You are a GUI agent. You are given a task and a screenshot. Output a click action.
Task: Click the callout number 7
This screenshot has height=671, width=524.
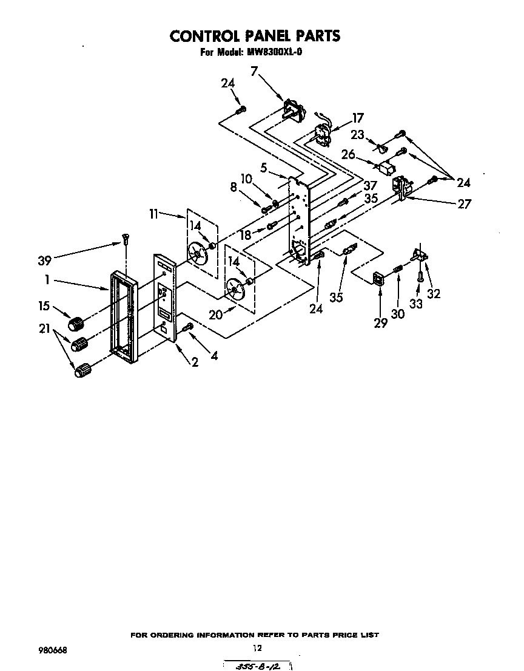(254, 71)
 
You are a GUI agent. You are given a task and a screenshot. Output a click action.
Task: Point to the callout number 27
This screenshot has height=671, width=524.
(464, 204)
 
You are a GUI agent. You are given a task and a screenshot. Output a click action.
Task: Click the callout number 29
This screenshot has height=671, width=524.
(380, 323)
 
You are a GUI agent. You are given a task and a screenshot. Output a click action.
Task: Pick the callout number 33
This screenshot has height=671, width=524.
(416, 304)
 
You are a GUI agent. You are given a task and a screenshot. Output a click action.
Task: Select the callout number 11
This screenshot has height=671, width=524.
(153, 213)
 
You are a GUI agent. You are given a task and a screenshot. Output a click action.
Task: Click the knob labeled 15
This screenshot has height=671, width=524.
(76, 322)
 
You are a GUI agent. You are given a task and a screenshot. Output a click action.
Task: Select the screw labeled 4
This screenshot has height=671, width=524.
(187, 328)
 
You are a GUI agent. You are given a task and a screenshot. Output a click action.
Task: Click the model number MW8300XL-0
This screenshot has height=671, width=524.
(274, 52)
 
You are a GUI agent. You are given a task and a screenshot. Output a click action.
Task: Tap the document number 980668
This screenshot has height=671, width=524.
(52, 650)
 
